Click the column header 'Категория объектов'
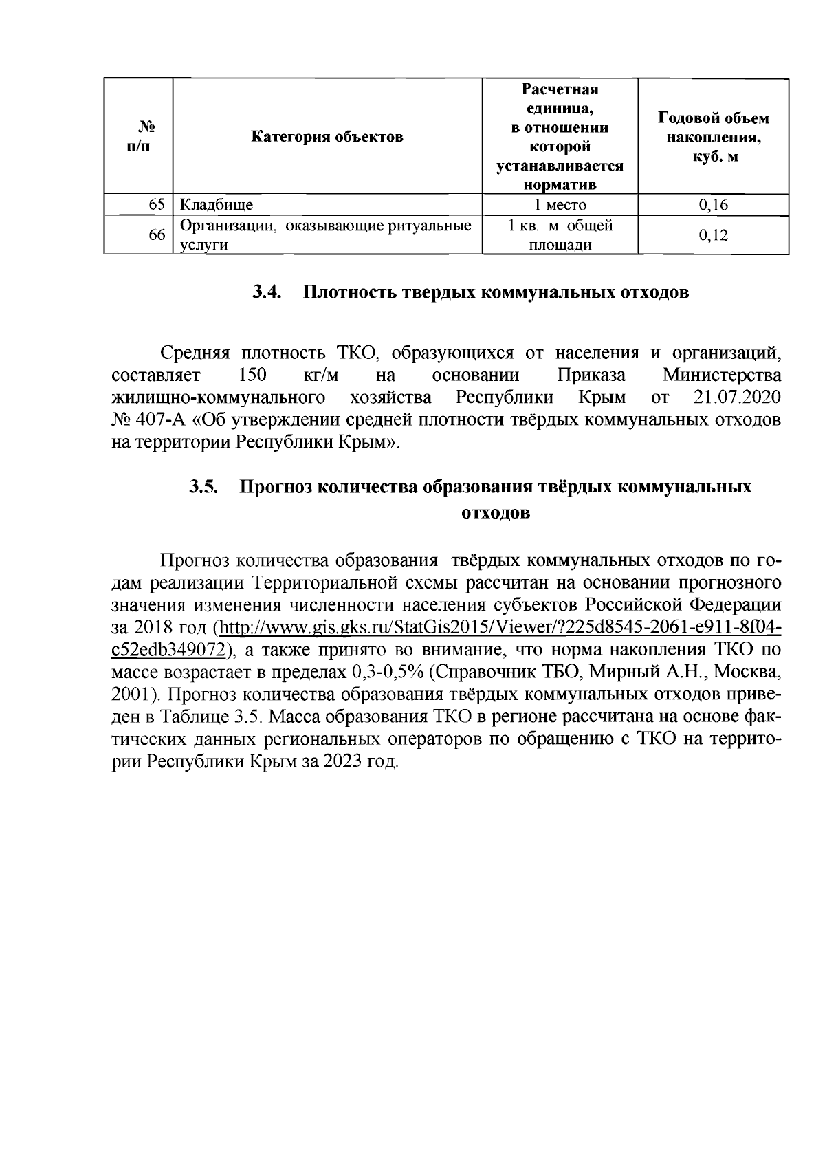[327, 136]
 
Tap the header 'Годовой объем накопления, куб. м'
[714, 137]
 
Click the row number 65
[157, 204]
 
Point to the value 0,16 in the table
[713, 204]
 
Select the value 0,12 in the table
[713, 235]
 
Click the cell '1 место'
[560, 204]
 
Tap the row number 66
[157, 235]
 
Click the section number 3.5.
[204, 487]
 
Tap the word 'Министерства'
[722, 376]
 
